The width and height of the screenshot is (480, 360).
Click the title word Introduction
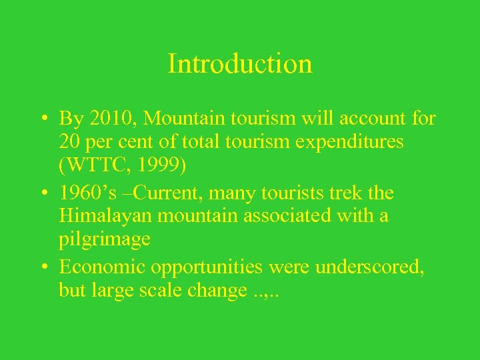click(x=240, y=64)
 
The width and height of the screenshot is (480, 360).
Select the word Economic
click(x=102, y=267)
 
